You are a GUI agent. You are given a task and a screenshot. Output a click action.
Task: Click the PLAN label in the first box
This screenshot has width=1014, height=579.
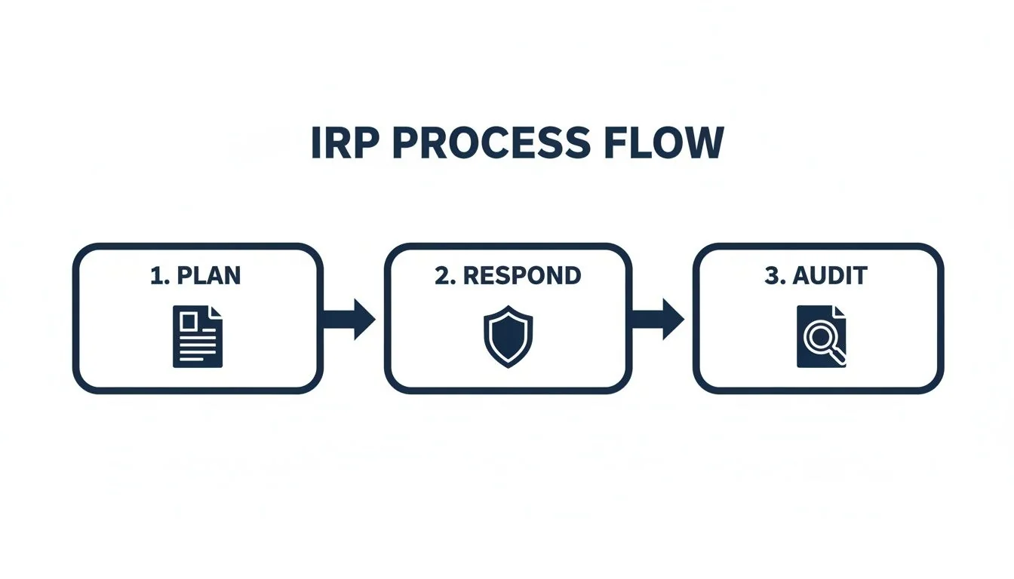pyautogui.click(x=208, y=276)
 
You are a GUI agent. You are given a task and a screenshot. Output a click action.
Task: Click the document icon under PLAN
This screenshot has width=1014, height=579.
pyautogui.click(x=198, y=336)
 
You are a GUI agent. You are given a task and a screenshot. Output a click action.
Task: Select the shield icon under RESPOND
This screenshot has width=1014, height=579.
pyautogui.click(x=508, y=336)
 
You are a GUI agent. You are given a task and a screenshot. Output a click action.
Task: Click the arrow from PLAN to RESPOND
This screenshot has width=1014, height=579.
pyautogui.click(x=350, y=319)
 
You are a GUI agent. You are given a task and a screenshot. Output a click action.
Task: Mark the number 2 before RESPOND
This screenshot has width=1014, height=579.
pyautogui.click(x=442, y=276)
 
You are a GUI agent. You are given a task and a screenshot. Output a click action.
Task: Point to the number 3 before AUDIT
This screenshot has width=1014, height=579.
pyautogui.click(x=771, y=276)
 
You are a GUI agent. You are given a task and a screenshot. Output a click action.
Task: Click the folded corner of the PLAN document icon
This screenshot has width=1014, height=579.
pyautogui.click(x=216, y=312)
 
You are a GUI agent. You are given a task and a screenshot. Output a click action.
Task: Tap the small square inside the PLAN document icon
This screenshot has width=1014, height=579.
pyautogui.click(x=189, y=322)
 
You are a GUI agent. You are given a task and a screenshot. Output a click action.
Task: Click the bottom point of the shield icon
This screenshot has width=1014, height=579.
pyautogui.click(x=508, y=366)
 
